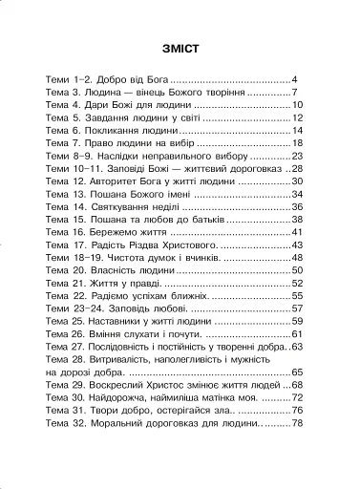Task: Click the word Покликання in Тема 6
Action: [x=116, y=130]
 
